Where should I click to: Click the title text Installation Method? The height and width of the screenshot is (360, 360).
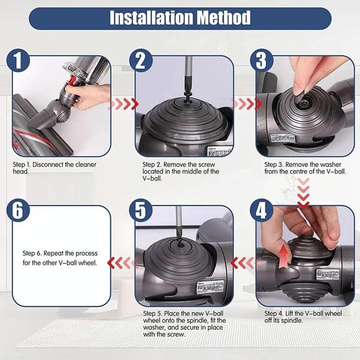tap(180, 18)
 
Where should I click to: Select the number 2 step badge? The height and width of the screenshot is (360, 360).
tap(140, 61)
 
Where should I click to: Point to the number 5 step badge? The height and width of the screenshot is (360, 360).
tap(140, 211)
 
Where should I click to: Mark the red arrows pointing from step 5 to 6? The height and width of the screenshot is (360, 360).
tap(119, 262)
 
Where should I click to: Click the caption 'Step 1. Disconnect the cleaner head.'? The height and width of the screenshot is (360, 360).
tap(54, 167)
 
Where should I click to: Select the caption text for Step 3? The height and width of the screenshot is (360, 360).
tap(305, 167)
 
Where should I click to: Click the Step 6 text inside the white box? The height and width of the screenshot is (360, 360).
tap(60, 257)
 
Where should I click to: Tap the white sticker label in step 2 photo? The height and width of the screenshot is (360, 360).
tap(215, 151)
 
